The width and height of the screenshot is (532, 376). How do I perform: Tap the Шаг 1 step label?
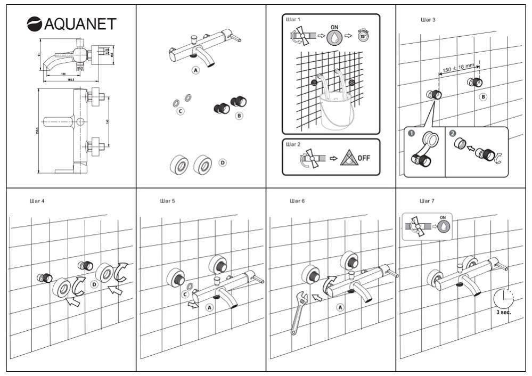pyautogui.click(x=293, y=20)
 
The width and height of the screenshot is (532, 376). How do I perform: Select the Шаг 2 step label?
pyautogui.click(x=293, y=144)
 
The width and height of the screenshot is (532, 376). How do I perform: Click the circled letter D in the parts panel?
pyautogui.click(x=223, y=162)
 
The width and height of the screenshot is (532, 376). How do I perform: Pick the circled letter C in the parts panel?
pyautogui.click(x=181, y=111)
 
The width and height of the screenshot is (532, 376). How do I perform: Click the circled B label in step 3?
pyautogui.click(x=482, y=97)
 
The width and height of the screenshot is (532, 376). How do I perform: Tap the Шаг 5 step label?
pyautogui.click(x=167, y=201)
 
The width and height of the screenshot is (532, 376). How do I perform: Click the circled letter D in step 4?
pyautogui.click(x=94, y=285)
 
